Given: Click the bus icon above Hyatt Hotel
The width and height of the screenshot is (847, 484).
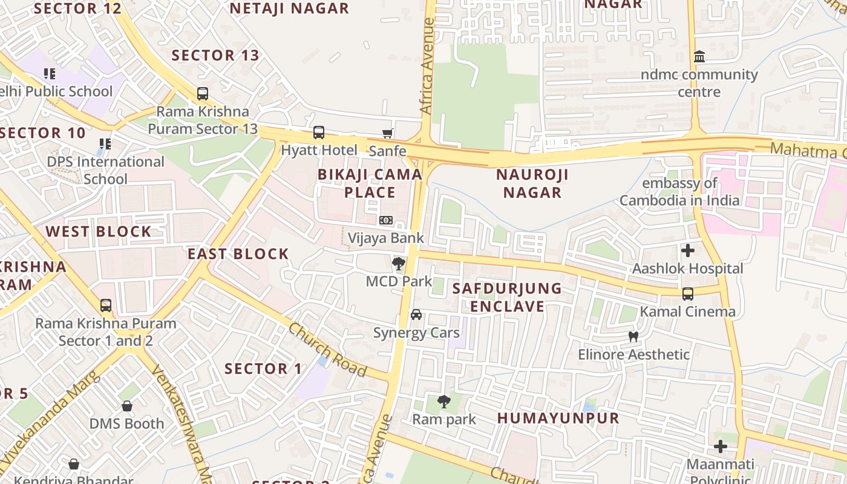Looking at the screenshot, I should [x=318, y=132].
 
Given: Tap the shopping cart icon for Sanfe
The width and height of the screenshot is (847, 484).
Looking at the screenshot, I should [x=387, y=133].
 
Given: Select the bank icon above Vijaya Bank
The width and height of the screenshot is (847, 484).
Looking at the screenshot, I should [x=385, y=220].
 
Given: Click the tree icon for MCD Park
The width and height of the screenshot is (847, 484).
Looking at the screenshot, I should [x=398, y=264].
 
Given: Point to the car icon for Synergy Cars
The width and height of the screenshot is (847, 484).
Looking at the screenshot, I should [x=416, y=315].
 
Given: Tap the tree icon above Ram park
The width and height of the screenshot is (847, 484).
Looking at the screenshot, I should [x=443, y=401].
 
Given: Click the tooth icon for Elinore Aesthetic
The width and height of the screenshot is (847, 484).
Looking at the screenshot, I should [x=633, y=336].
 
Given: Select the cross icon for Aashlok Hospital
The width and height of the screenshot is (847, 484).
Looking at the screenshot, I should [x=687, y=250].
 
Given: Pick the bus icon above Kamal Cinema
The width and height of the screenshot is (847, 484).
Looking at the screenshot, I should [x=688, y=294].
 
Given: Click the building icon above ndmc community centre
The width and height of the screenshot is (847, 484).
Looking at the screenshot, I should [x=699, y=57].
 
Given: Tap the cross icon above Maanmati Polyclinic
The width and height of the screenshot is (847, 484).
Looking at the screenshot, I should [x=720, y=446].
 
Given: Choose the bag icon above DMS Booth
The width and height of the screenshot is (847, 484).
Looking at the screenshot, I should [x=127, y=406].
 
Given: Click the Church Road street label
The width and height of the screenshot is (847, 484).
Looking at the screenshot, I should [x=327, y=350].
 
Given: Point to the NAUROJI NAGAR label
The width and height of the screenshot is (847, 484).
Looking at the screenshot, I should [x=532, y=184].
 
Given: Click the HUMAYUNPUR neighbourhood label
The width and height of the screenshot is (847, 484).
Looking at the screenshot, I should [x=558, y=418].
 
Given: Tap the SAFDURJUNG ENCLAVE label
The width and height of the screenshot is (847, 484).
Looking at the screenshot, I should [x=508, y=297].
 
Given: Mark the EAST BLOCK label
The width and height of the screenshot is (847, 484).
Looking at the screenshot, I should [x=238, y=254].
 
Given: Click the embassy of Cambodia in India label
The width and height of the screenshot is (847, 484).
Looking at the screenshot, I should [x=679, y=192].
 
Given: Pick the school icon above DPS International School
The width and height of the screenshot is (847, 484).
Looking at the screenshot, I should [x=105, y=144].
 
